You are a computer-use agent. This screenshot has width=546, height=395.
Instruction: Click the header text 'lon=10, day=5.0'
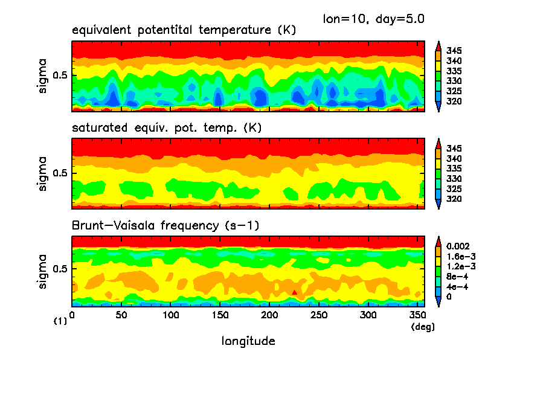pyautogui.click(x=374, y=19)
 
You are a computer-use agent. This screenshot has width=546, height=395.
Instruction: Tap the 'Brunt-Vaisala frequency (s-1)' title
pyautogui.click(x=162, y=226)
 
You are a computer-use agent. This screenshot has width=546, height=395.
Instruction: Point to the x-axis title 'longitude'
pyautogui.click(x=248, y=341)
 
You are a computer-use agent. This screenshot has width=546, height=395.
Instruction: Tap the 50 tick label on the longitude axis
pyautogui.click(x=121, y=315)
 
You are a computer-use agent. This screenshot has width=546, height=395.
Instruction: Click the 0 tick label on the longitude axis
pyautogui.click(x=72, y=315)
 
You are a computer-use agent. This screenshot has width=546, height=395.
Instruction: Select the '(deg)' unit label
pyautogui.click(x=422, y=327)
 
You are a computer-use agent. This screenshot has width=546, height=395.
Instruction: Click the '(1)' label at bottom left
pyautogui.click(x=60, y=322)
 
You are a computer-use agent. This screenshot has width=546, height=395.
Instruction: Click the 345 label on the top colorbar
pyautogui.click(x=454, y=51)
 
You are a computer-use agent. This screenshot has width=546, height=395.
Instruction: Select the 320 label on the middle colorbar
pyautogui.click(x=454, y=199)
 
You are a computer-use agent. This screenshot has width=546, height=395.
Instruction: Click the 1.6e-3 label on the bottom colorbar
pyautogui.click(x=460, y=257)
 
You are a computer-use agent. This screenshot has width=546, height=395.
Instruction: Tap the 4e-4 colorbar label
pyautogui.click(x=456, y=287)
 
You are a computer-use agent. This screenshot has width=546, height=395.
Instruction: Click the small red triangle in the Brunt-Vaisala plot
pyautogui.click(x=294, y=292)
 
